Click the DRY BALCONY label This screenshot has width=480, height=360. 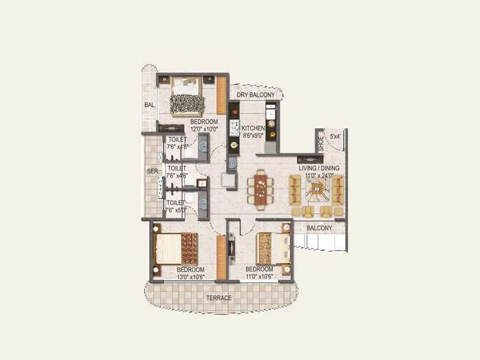256,95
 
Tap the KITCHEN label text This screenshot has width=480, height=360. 254,128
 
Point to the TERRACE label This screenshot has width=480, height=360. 219,298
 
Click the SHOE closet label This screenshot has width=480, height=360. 321,143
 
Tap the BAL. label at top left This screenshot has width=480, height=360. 149,106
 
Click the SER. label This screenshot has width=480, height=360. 152,171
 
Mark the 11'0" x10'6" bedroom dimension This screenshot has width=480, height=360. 259,278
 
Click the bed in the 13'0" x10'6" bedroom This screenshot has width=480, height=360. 175,248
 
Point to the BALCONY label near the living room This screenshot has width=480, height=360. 319,229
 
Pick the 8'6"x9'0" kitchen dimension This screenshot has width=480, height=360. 254,136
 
